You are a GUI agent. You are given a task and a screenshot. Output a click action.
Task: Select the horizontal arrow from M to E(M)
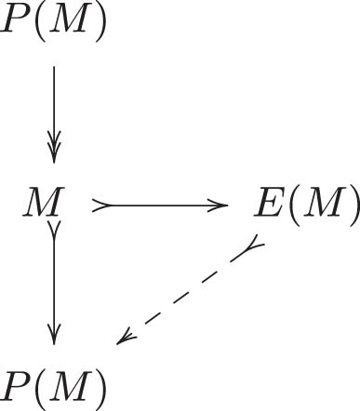point(158,205)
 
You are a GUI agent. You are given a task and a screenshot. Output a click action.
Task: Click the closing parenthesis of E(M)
point(352,205)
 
